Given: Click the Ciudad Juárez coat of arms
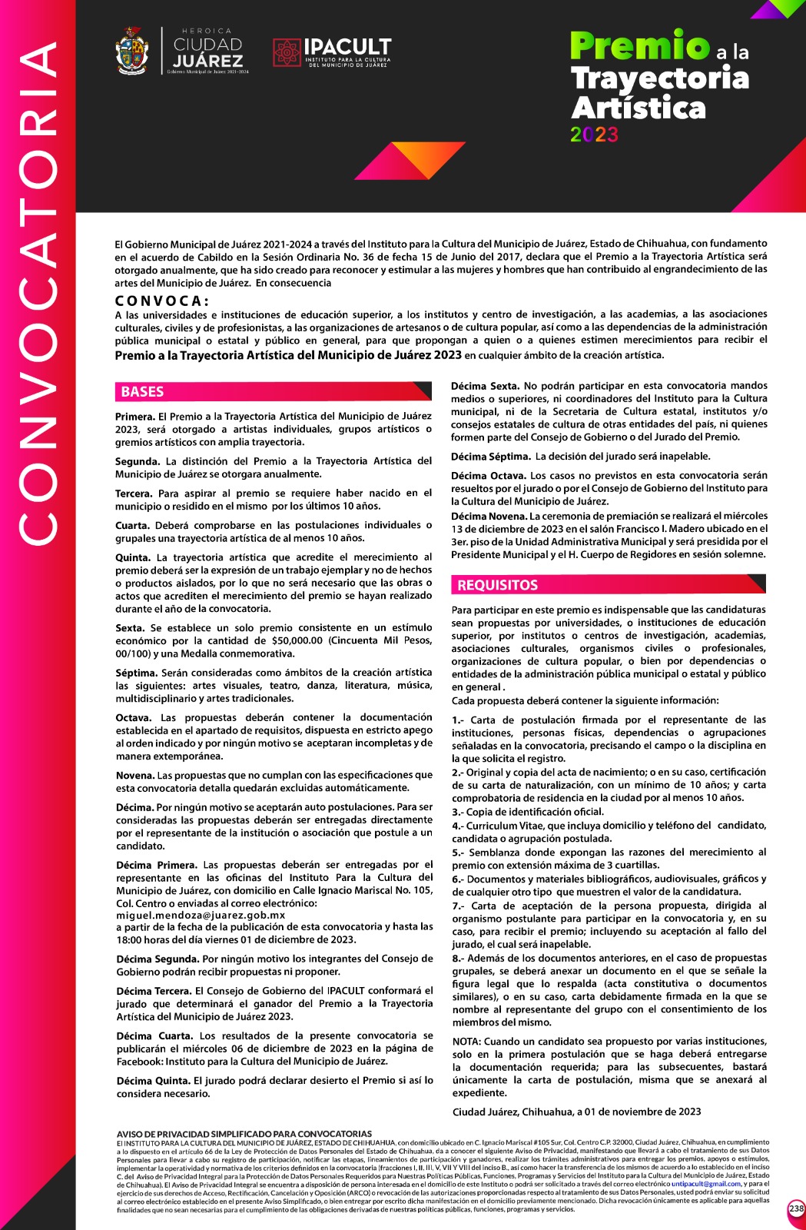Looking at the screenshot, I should click(x=131, y=51).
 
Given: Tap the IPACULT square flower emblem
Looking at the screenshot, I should click(x=287, y=52).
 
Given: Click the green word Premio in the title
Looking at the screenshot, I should click(x=639, y=47).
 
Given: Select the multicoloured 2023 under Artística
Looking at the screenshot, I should click(x=594, y=135).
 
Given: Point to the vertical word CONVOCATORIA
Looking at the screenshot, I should click(x=37, y=292).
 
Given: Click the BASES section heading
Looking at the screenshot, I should click(x=142, y=391).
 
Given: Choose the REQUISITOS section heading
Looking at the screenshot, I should click(x=497, y=585).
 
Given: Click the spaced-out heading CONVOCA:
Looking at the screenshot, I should click(x=161, y=301).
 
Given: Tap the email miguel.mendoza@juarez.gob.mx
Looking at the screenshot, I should click(x=201, y=916).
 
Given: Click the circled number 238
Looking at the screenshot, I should click(x=796, y=1209).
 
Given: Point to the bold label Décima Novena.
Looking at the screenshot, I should click(x=488, y=516).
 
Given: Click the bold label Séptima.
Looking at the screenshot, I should click(x=136, y=673).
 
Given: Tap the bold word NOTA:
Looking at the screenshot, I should click(x=466, y=1042).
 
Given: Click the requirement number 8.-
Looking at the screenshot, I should click(x=458, y=958).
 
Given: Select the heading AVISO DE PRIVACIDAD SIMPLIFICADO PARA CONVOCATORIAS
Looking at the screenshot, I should click(x=244, y=1134).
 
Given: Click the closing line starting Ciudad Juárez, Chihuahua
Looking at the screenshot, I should click(x=576, y=1112).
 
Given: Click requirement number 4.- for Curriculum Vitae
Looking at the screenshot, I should click(x=458, y=826).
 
